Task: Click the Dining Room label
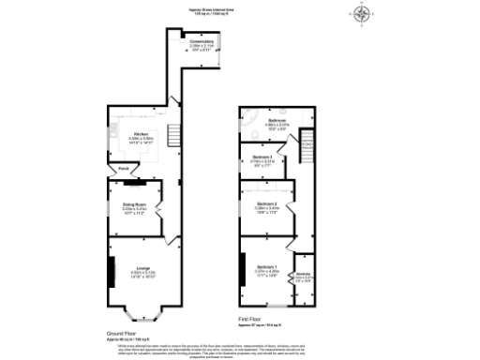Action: point(131,204)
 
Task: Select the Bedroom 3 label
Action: point(262,157)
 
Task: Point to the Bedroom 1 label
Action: point(266,268)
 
